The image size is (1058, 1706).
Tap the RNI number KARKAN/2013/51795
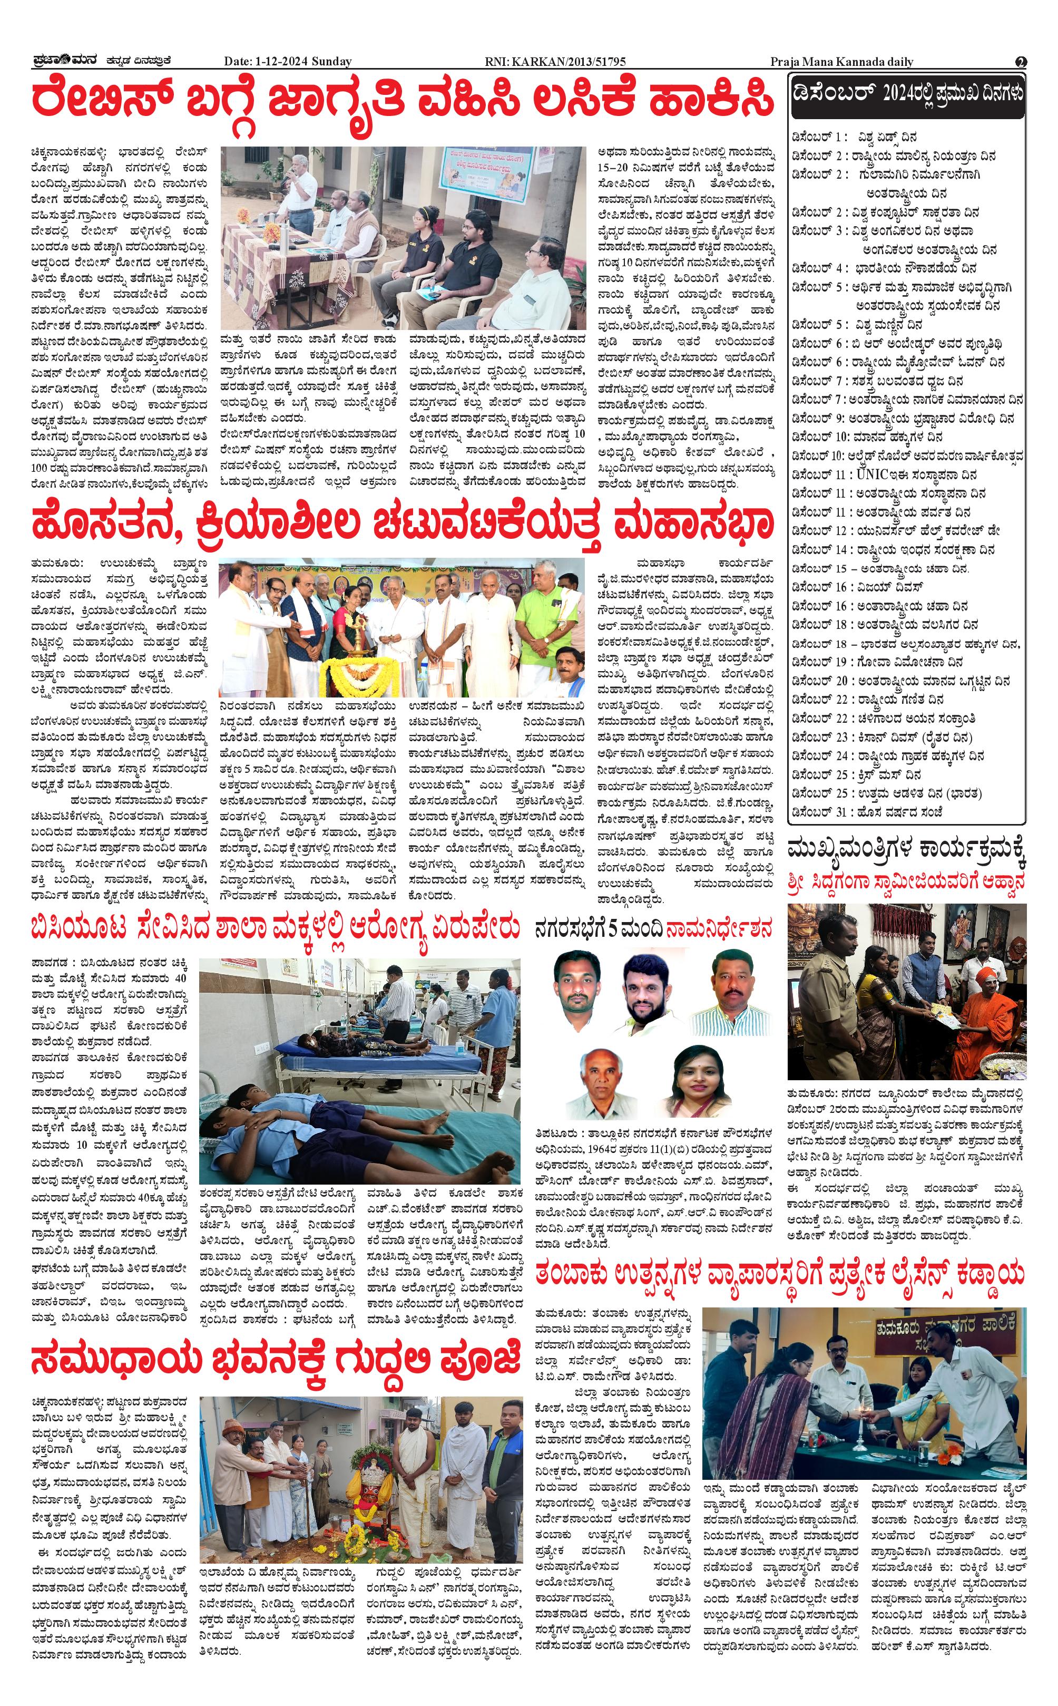(x=555, y=62)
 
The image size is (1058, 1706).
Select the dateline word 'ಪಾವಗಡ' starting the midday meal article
(x=49, y=963)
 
